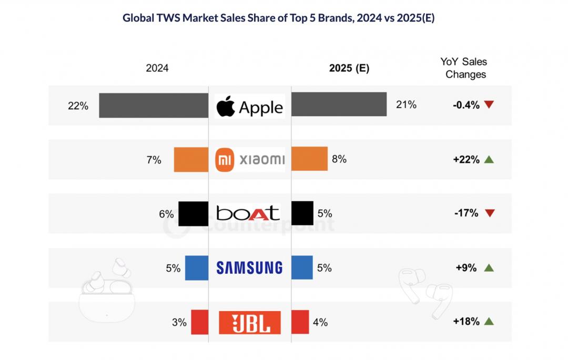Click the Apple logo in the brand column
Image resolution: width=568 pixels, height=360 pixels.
[x=225, y=106]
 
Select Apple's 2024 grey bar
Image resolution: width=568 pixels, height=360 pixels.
[x=154, y=106]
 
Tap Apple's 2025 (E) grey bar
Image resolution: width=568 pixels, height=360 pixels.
[x=339, y=105]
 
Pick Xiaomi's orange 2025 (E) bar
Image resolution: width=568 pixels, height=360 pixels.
[x=309, y=159]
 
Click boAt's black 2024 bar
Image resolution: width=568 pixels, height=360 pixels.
[x=193, y=213]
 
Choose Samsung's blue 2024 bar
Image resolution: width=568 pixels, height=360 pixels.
[x=197, y=268]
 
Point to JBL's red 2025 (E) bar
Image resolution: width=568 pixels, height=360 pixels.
[x=300, y=322]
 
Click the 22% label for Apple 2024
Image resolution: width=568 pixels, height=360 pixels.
[x=78, y=105]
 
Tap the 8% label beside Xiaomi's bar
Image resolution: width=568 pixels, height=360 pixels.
[x=339, y=159]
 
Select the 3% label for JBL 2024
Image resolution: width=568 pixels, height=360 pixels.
[x=179, y=322]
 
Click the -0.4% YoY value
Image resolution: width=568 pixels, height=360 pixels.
[x=466, y=105]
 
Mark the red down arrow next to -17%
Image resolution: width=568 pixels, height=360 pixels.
[x=489, y=213]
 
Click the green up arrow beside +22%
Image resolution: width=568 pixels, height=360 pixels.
[x=489, y=159]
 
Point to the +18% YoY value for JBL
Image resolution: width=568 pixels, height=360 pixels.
[x=466, y=322]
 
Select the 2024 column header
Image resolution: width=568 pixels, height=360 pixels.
[x=157, y=68]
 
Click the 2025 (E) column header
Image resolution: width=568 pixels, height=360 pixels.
[x=349, y=68]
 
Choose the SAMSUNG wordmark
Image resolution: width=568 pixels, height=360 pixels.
[x=249, y=268]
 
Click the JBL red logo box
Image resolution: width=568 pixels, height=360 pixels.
[x=249, y=322]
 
